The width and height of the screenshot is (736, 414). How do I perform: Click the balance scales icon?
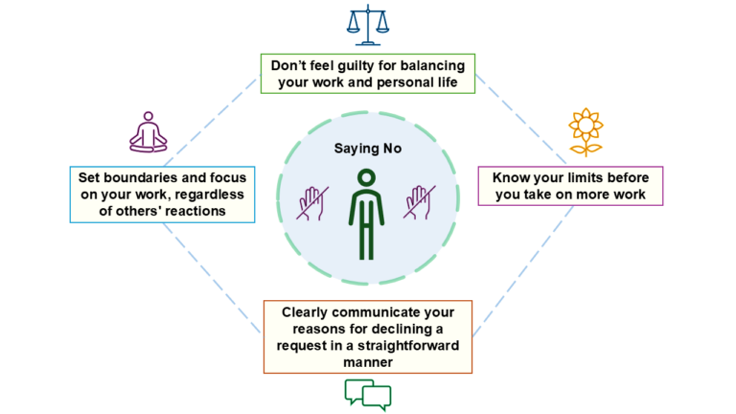(368, 25)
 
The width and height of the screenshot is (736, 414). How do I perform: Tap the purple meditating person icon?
(149, 132)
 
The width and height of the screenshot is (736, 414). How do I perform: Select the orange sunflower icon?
(586, 132)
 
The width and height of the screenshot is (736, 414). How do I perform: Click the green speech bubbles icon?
(368, 395)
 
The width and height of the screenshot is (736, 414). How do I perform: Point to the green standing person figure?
(367, 214)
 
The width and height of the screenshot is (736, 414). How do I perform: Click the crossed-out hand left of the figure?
(312, 203)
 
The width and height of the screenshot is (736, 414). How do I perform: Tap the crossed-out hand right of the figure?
(419, 202)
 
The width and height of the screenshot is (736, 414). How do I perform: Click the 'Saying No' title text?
(368, 149)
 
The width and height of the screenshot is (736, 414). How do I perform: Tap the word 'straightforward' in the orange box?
(408, 345)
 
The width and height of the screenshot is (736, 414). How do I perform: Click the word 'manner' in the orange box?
(368, 362)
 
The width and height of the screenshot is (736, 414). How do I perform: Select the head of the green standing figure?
(367, 177)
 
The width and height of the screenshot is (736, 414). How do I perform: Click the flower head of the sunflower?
(586, 125)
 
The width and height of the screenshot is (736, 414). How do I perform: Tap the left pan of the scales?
(354, 28)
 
